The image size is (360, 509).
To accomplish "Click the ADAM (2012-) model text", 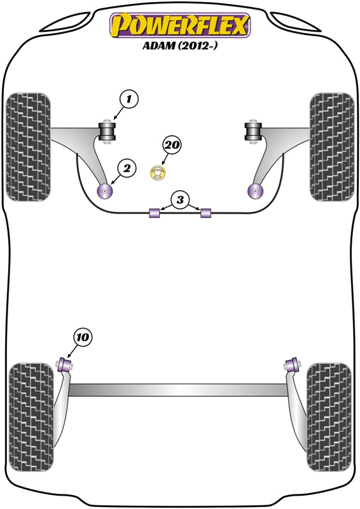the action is tap(180, 45).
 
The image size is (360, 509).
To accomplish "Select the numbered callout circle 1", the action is tap(129, 99).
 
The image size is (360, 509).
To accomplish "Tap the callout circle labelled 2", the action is tap(127, 168).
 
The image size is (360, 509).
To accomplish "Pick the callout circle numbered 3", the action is tap(180, 200).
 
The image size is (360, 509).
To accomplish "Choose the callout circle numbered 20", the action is tap(172, 145).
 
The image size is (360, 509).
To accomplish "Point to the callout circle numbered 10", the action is tap(83, 337).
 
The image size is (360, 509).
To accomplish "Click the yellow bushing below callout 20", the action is tap(158, 172).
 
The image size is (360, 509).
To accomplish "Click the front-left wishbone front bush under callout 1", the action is tap(107, 132).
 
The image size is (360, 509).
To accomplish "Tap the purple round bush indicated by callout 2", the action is tap(104, 191).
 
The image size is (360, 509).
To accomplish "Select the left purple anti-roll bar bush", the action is tap(155, 213).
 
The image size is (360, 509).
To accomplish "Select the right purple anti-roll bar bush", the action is tap(206, 213).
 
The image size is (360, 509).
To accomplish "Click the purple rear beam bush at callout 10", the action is tap(66, 365).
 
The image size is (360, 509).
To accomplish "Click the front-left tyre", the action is tap(29, 147).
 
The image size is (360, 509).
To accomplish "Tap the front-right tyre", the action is tap(332, 147).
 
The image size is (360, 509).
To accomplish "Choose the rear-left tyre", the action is tap(31, 417).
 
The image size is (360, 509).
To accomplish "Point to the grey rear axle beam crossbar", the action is tap(179, 390).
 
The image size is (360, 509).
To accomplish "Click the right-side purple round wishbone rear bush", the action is tap(255, 191).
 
